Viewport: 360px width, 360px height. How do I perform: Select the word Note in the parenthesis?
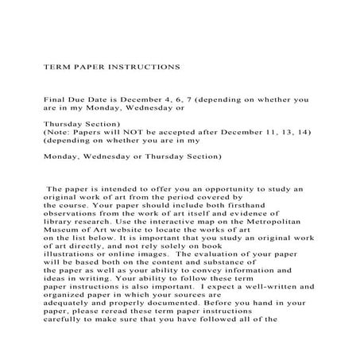pyautogui.click(x=57, y=135)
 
